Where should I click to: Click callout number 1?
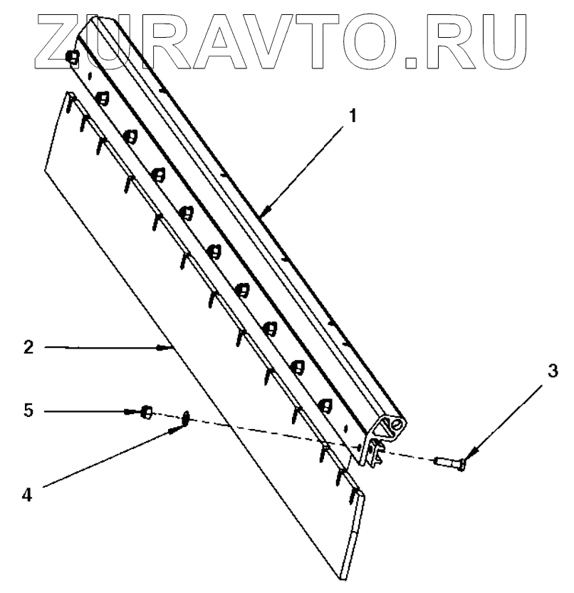(x=353, y=115)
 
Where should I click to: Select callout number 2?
(x=28, y=348)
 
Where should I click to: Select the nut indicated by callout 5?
(x=145, y=412)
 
